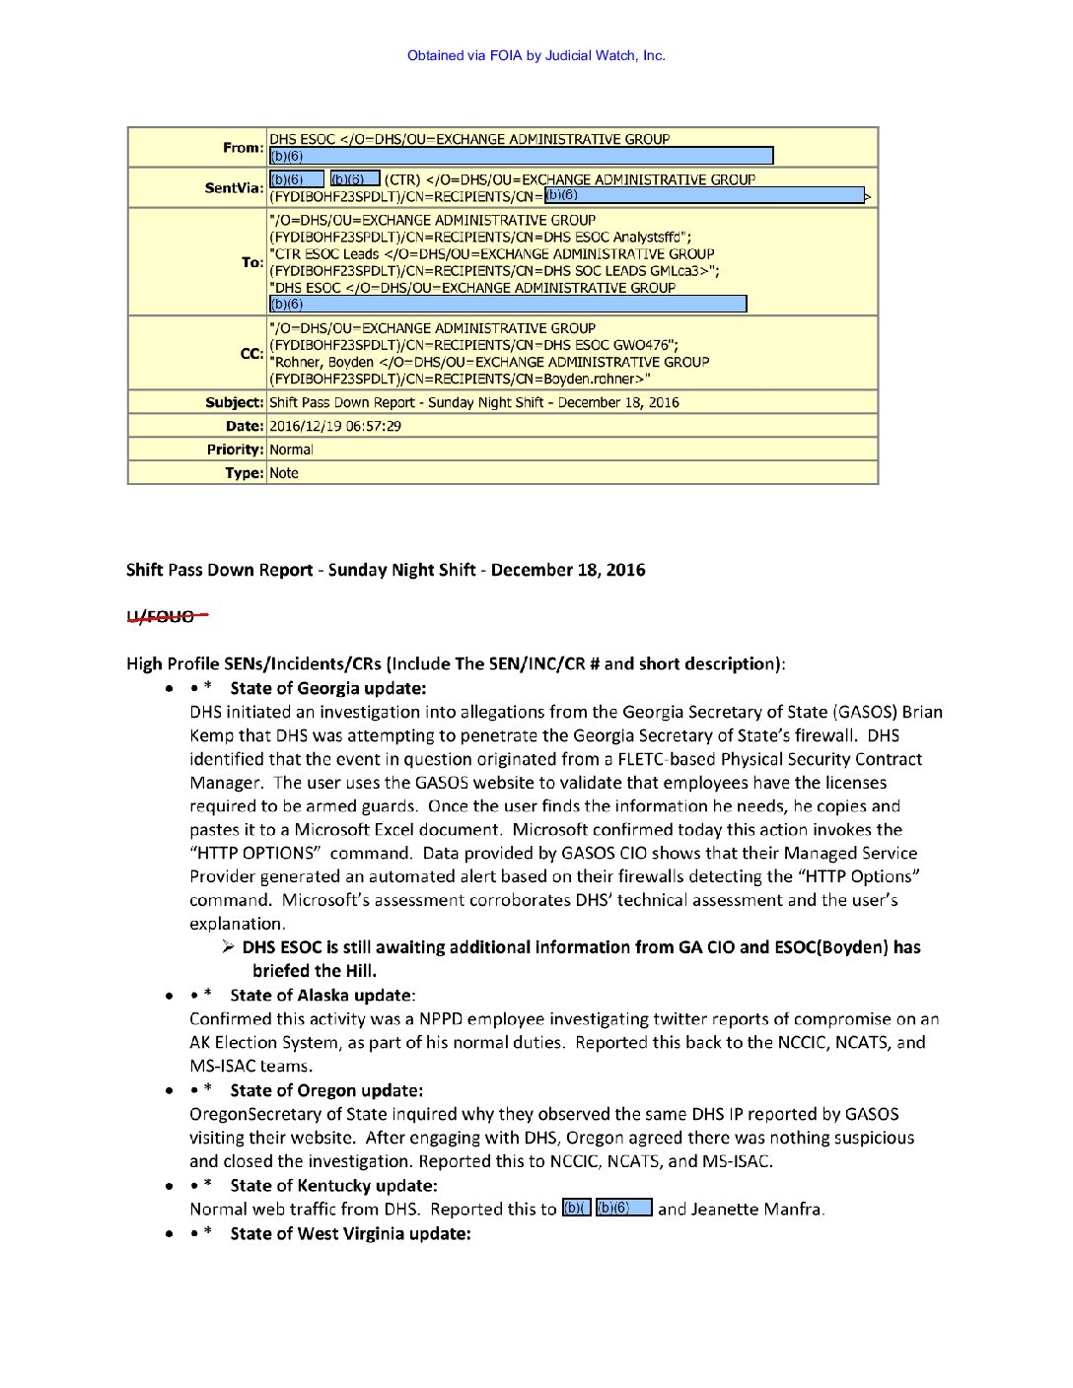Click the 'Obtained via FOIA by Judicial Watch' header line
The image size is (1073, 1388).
tap(536, 56)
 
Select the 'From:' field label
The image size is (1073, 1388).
tap(243, 148)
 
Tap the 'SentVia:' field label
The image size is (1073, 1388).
tap(234, 188)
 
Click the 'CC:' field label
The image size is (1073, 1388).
tap(251, 354)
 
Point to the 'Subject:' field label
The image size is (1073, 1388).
tap(235, 402)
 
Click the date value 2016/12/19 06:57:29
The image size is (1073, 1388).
tap(335, 426)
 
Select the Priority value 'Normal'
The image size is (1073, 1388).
tap(291, 450)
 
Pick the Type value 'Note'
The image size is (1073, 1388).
tap(284, 473)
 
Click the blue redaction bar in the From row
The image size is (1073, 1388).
tap(521, 156)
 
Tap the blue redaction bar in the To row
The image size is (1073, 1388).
tap(508, 304)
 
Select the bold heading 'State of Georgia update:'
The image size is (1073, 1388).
tap(328, 688)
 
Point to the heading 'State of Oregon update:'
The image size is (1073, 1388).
tap(326, 1090)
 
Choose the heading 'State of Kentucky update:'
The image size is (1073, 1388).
tap(333, 1185)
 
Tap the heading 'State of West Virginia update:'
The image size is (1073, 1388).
tap(350, 1233)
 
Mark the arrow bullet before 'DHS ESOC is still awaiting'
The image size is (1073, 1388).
tap(228, 947)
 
